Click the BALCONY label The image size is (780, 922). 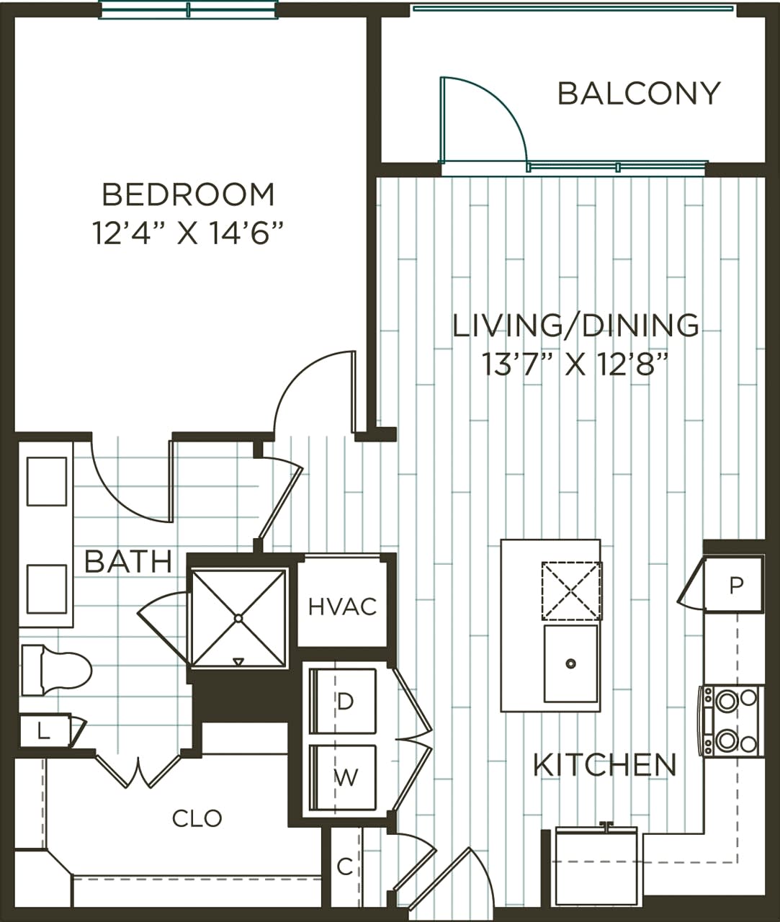(639, 94)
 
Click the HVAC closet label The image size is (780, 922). (342, 607)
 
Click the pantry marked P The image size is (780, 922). (735, 586)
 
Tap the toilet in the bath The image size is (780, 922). (58, 671)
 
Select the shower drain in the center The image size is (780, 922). (238, 618)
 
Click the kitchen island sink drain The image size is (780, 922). (570, 663)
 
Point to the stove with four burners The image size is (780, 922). (730, 720)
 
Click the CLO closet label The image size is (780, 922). (197, 818)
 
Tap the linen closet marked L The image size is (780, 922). (44, 733)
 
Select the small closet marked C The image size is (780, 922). (345, 867)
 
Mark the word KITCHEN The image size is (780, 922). (604, 765)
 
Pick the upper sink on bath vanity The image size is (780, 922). (47, 481)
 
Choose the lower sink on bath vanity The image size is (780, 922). (47, 588)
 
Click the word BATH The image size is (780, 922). (127, 562)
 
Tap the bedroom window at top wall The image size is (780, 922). (188, 9)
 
